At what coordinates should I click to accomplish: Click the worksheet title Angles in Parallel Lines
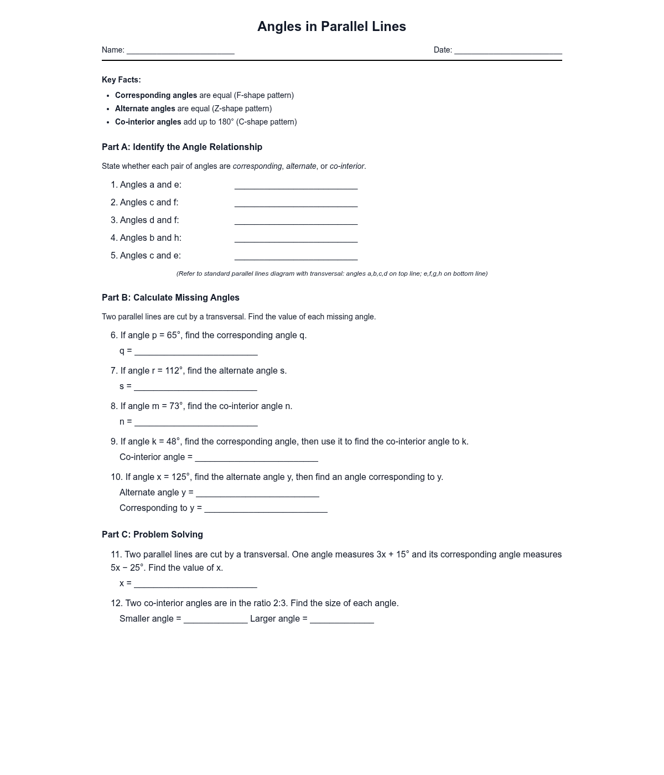pos(331,27)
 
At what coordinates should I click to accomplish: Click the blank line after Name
pos(180,50)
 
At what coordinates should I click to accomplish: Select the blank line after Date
pos(508,50)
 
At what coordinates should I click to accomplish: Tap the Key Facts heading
pos(121,80)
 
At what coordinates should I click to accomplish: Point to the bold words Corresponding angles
pos(156,95)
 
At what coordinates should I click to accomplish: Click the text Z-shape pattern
pos(242,108)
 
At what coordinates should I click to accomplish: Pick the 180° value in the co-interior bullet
pos(226,122)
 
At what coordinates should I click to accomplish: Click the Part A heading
pos(182,147)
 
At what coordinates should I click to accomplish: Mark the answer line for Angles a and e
pos(296,185)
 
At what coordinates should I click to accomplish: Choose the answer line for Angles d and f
pos(296,221)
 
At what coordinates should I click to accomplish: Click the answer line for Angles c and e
pos(296,256)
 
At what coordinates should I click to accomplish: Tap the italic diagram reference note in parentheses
pos(332,273)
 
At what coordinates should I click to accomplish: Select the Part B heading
pos(170,297)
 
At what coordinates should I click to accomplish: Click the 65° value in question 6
pos(173,335)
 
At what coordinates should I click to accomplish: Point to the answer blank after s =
pos(195,387)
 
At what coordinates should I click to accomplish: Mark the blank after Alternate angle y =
pos(257,493)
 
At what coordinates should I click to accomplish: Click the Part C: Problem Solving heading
pos(152,534)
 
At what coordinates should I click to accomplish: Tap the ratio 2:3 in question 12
pos(281,603)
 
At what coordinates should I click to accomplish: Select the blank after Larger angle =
pos(342,619)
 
